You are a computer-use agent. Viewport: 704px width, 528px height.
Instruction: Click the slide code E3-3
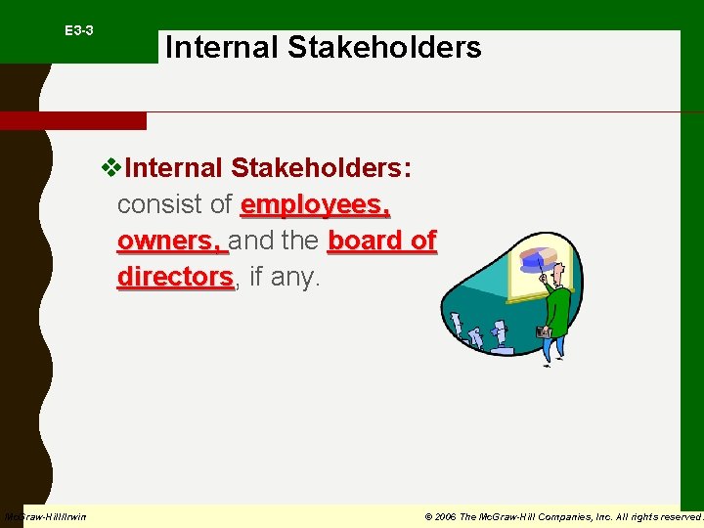coord(79,31)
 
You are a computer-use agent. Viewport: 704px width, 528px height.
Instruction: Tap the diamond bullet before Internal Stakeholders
coord(110,168)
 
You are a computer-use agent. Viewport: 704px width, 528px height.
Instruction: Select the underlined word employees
coord(315,204)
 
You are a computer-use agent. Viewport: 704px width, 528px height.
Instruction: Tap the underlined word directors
coord(175,277)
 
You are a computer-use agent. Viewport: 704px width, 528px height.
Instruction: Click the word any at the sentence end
coord(297,278)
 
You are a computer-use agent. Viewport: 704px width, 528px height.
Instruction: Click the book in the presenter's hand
coord(543,332)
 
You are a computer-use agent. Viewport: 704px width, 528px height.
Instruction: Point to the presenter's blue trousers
coord(553,348)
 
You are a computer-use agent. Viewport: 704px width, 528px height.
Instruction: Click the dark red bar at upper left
coord(73,121)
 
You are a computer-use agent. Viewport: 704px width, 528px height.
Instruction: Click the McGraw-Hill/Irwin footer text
coord(45,516)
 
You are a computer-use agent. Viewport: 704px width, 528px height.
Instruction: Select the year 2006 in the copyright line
coord(444,516)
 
